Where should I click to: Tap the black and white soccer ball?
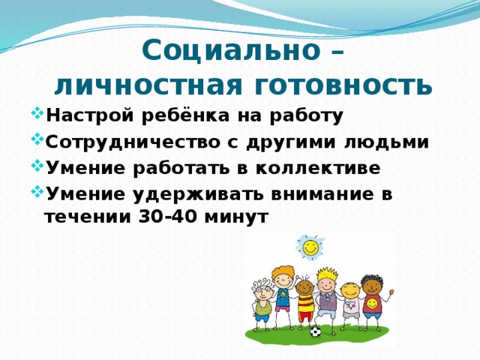tap(315, 330)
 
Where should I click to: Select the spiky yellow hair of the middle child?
tap(327, 274)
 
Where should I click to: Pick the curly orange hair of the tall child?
tap(281, 268)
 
